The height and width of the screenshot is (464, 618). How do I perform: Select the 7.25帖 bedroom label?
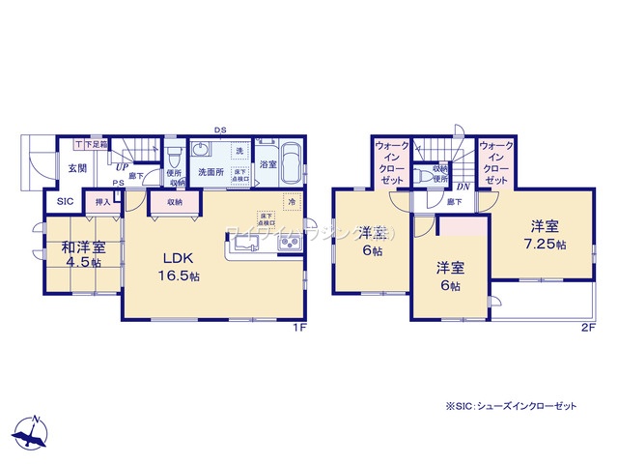pos(544,235)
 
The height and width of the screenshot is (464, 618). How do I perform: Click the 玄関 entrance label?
pos(77,167)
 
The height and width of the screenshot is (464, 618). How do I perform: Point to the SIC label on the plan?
pos(65,202)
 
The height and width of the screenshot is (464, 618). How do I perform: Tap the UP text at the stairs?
pos(125,167)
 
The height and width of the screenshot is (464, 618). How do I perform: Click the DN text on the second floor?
pos(463,187)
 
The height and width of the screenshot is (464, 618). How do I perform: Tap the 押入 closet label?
pos(101,203)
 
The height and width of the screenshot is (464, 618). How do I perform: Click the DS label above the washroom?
pos(220,130)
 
